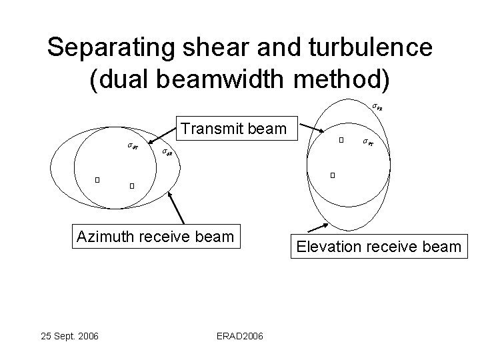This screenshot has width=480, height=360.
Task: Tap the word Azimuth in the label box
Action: pos(104,236)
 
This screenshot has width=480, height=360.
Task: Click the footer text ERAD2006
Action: pos(239,337)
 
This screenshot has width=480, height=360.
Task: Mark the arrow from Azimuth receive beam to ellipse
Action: pos(176,208)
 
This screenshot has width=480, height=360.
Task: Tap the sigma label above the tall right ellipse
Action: pos(377,106)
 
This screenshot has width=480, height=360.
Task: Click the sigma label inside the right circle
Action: pos(367,141)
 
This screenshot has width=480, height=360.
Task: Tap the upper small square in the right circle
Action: pos(340,141)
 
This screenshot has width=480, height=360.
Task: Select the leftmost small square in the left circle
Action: pos(97,180)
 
